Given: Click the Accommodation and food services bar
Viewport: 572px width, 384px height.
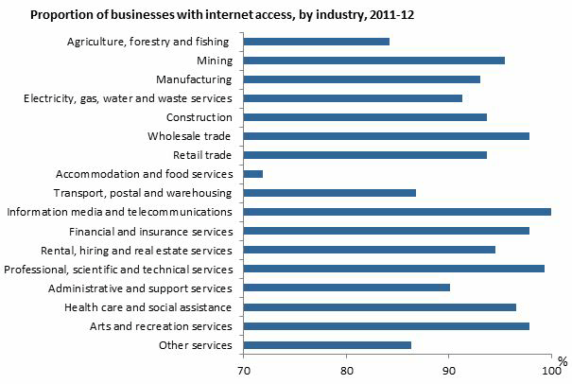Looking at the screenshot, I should pos(253,174).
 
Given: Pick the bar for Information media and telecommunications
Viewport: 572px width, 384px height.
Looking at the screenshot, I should pos(397,212).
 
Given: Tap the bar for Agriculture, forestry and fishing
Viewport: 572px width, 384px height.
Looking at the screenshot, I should pos(317,42).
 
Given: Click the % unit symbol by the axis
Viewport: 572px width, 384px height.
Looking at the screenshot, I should pos(562,361).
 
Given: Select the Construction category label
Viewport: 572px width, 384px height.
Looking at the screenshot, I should pos(199,117).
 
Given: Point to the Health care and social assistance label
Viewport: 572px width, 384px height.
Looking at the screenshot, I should pos(148,307).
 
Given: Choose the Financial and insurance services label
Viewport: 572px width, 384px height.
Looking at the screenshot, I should pos(151,231).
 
